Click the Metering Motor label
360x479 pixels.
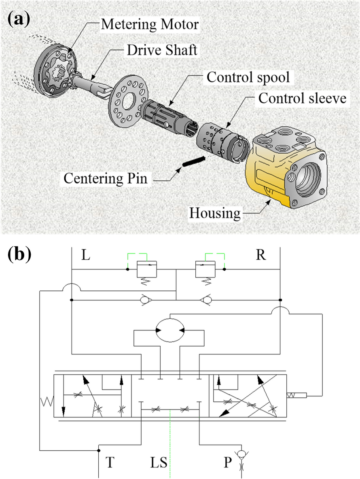pos(149,24)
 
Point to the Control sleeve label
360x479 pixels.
pos(303,98)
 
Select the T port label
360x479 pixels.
pos(110,462)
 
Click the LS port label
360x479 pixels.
pos(158,462)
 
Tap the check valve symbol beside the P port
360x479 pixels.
pos(242,455)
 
